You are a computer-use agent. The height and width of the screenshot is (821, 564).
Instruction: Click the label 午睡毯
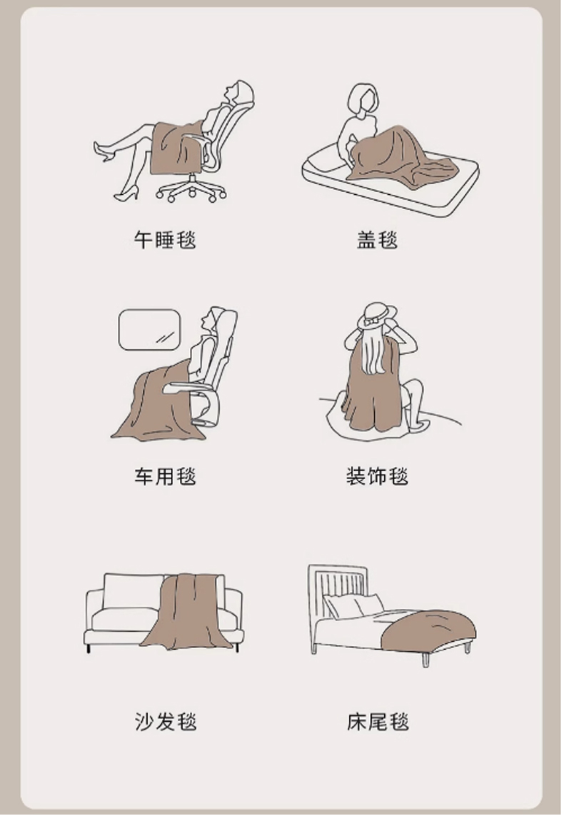[165, 240]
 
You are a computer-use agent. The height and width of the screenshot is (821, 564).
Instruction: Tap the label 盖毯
[377, 240]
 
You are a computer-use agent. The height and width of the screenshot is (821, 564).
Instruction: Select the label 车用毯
[165, 476]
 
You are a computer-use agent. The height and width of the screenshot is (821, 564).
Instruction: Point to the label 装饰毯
[377, 476]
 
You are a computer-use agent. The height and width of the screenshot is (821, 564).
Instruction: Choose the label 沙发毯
[166, 722]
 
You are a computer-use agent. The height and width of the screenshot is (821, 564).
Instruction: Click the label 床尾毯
[377, 722]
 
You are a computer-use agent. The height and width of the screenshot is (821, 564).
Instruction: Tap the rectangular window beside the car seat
[149, 329]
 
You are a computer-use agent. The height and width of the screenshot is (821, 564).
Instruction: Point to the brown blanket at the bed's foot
[429, 631]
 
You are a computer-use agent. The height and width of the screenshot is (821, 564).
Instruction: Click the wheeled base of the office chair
[191, 189]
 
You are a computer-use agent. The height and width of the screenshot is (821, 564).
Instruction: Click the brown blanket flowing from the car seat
[156, 403]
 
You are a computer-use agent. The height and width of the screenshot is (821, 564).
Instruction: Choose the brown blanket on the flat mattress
[401, 157]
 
